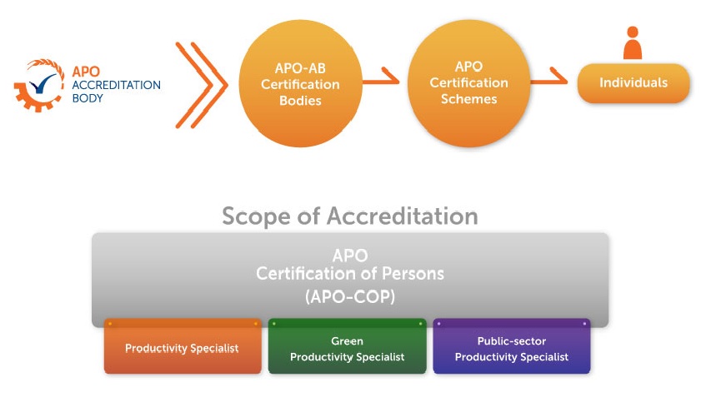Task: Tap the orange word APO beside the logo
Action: tap(86, 72)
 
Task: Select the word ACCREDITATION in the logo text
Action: tap(116, 85)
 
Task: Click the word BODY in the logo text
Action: tap(88, 98)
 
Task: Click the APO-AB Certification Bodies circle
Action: tap(300, 83)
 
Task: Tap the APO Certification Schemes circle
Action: tap(469, 83)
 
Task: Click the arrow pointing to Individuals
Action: tap(549, 77)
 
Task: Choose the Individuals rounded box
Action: tap(633, 83)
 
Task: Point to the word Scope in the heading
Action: tap(256, 217)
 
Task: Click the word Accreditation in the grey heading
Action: tap(403, 216)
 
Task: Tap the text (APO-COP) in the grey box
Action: tap(350, 296)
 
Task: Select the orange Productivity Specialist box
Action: tap(183, 346)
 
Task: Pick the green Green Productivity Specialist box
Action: tap(348, 346)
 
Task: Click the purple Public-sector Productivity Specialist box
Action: tap(512, 346)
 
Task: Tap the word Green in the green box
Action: tap(347, 341)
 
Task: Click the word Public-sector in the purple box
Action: tap(512, 341)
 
